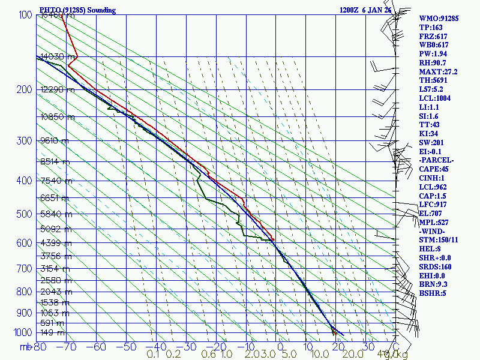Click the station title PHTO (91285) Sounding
[x=77, y=10]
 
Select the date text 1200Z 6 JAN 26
[x=365, y=10]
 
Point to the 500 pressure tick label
[x=25, y=214]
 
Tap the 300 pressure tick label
[x=25, y=141]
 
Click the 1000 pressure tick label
[x=22, y=332]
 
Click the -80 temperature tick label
[x=40, y=347]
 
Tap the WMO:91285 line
[x=439, y=18]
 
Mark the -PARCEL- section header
[x=436, y=161]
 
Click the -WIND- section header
[x=433, y=232]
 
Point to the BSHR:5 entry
[x=433, y=293]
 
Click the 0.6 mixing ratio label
[x=209, y=355]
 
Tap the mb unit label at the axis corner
[x=25, y=347]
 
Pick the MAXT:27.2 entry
[x=439, y=71]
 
